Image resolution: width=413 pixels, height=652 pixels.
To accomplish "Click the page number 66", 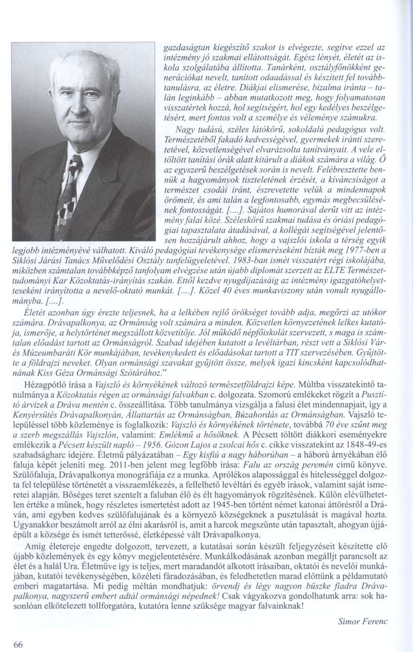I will point(18,644).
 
